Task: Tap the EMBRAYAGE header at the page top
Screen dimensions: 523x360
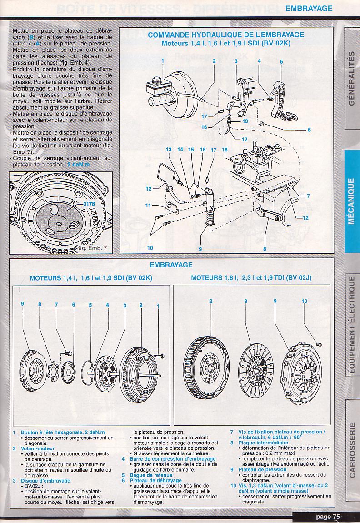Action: (309, 8)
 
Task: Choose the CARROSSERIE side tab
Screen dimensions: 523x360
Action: (351, 450)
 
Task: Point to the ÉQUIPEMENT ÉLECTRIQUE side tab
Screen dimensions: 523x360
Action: (351, 325)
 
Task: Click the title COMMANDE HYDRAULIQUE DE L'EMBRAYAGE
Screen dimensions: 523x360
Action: (226, 35)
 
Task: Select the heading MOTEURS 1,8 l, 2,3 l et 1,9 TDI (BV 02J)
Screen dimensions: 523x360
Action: (251, 277)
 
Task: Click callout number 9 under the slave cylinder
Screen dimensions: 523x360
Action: (200, 249)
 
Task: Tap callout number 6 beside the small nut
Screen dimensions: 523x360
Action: (309, 130)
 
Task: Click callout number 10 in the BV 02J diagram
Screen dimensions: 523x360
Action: (305, 301)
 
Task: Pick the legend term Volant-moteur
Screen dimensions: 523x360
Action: (34, 448)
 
